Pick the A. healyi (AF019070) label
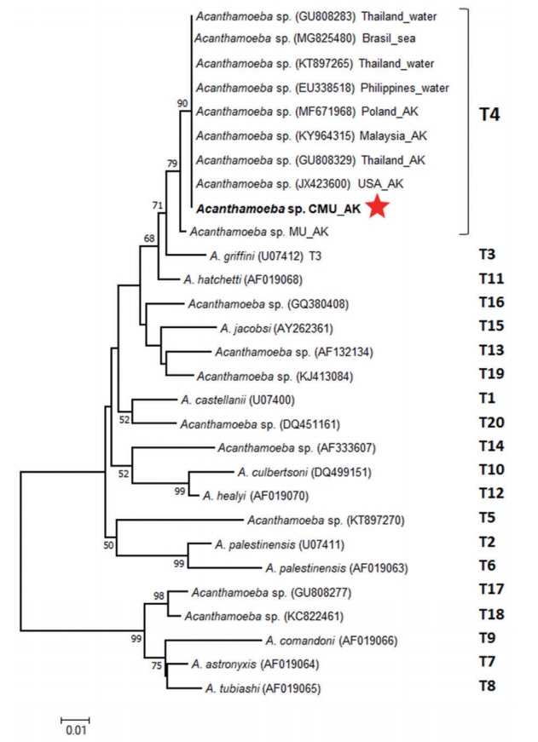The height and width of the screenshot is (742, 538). [255, 495]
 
